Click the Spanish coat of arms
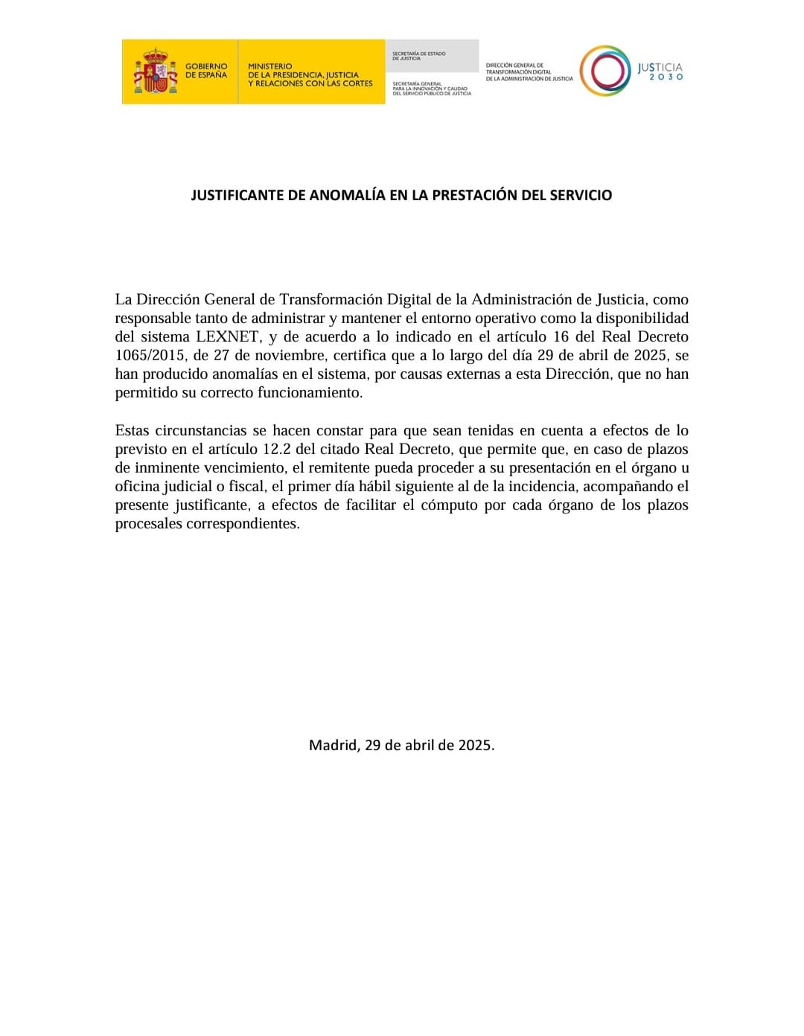(x=155, y=71)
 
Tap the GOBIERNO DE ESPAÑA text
(x=206, y=71)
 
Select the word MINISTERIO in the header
(x=270, y=66)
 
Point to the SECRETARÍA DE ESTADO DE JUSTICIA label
(x=419, y=56)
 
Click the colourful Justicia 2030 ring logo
(x=604, y=71)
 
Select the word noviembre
(x=279, y=355)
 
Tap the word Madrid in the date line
(x=334, y=744)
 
